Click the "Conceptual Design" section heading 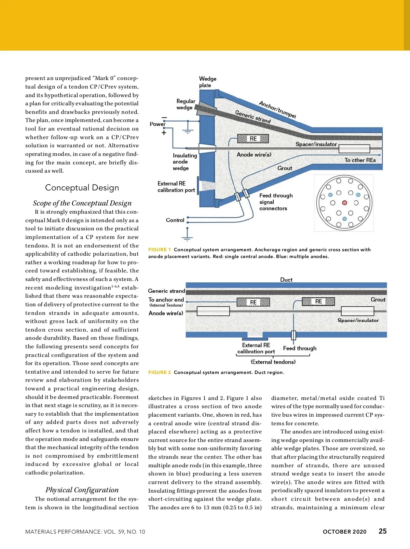point(82,188)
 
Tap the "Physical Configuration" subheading point(82,490)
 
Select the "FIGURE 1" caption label point(159,250)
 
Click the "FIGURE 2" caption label point(159,372)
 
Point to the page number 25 point(383,531)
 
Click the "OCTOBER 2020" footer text point(344,532)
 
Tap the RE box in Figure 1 point(253,138)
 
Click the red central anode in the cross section point(344,203)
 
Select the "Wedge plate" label point(207,82)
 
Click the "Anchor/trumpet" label point(277,109)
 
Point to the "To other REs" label point(360,160)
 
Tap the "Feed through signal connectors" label point(276,202)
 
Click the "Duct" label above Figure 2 point(286,280)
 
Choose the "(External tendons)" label point(273,362)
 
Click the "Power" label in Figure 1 point(157,124)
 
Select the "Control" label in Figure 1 point(175,220)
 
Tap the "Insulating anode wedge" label point(185,162)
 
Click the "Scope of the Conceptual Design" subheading point(82,203)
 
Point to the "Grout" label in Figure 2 point(378,299)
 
